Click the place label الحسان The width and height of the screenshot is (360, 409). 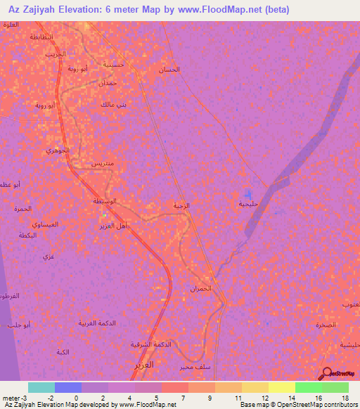tap(171, 70)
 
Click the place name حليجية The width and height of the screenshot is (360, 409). tap(249, 204)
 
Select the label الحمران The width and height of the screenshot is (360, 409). tap(200, 289)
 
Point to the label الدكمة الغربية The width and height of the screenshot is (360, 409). tap(96, 323)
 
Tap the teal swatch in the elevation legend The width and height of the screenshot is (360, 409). tap(41, 387)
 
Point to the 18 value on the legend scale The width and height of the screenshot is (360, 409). tap(345, 398)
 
